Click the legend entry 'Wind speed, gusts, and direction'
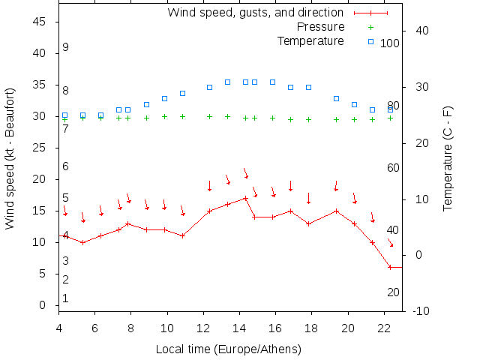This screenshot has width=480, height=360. coord(255,13)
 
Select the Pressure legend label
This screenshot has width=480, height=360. coord(321,27)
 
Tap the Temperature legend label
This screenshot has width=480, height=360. coord(310,41)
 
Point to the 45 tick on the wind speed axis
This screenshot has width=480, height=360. coord(40,22)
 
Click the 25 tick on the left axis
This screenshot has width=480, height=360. coord(40,148)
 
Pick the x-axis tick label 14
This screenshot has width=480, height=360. coord(239,328)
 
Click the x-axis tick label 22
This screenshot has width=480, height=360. coord(384,328)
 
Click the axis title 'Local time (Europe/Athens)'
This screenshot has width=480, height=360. coord(228,349)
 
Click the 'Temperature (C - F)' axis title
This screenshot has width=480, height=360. coord(448,158)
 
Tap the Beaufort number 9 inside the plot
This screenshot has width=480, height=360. coord(66,48)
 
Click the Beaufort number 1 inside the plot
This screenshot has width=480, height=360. coord(66,298)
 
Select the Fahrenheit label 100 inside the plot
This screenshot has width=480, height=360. coord(390,43)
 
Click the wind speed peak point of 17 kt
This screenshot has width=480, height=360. coord(245,198)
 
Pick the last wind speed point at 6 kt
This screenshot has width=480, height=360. coord(390,267)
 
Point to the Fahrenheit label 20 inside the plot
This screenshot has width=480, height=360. coord(393,292)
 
